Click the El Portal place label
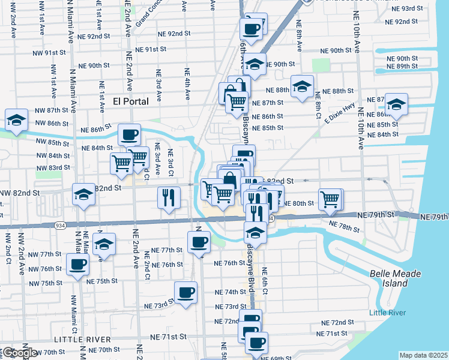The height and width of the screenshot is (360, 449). coord(131,101)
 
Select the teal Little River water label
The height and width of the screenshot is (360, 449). coord(387,313)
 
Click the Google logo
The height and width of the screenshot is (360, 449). coord(19,353)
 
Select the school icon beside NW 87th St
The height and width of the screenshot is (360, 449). coord(16,119)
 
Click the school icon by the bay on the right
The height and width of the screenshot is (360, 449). coord(396,104)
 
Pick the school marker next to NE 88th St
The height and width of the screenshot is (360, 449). coord(302,86)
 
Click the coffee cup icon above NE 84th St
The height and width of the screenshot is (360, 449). coord(128,134)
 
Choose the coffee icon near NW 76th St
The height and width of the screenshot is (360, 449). coord(77,263)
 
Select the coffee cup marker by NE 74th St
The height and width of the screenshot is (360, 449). coord(185,292)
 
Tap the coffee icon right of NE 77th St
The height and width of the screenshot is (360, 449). coord(199,242)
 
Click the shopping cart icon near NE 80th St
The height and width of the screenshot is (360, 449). coord(330,199)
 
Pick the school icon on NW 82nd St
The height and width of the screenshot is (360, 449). coord(83,194)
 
